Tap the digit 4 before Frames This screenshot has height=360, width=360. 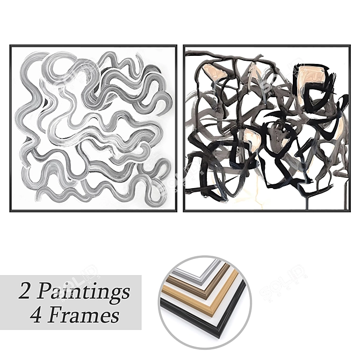38,315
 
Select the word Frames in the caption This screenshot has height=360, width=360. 84,315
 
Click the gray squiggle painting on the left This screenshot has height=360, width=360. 93,128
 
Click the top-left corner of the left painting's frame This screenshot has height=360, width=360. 10,46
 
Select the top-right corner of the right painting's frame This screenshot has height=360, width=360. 350,46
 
